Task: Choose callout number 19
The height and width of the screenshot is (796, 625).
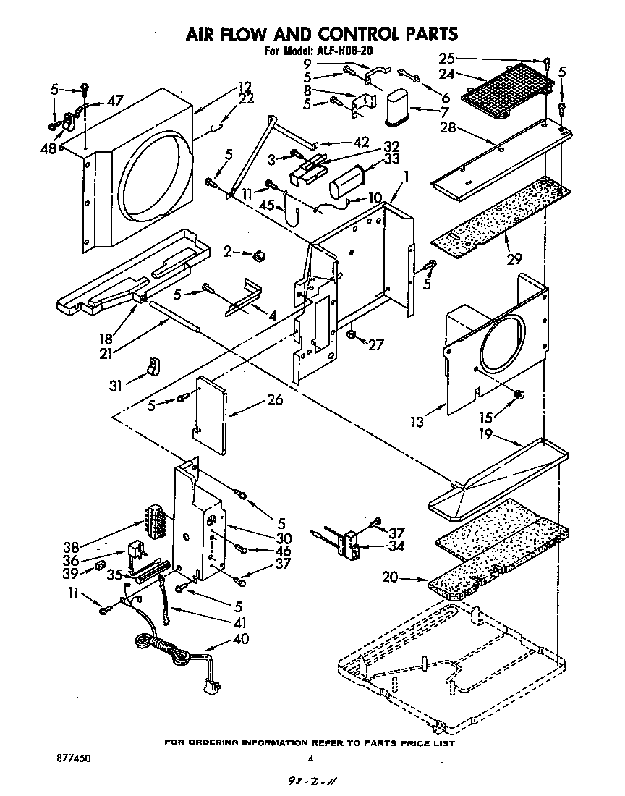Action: click(x=486, y=434)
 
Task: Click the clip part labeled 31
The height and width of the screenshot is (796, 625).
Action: click(x=152, y=367)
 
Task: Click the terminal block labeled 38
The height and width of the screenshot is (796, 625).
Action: click(x=156, y=518)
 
